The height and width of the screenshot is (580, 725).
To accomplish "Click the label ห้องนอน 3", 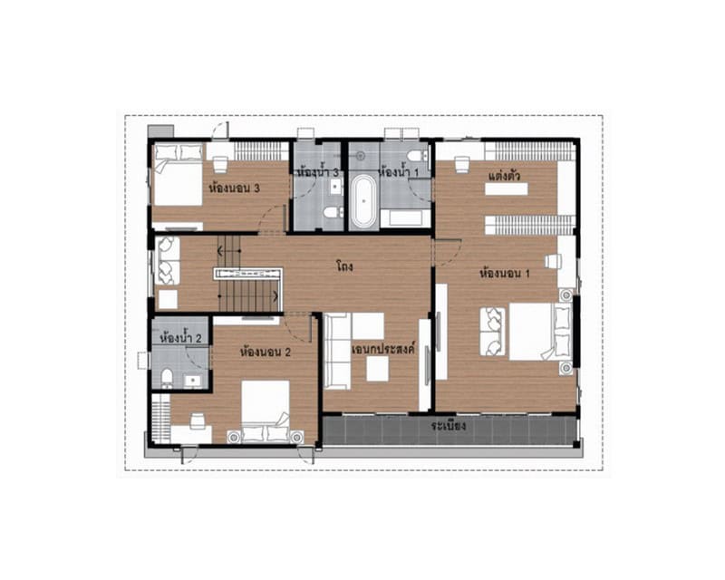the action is click(235, 188).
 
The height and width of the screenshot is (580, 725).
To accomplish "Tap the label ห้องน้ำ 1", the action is click(399, 172).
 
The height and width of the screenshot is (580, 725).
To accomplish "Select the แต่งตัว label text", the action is click(505, 176).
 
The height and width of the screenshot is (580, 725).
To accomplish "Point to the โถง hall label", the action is click(344, 266).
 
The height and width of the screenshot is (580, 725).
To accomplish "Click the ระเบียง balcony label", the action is click(448, 426).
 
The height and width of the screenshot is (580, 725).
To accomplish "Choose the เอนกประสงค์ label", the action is click(384, 348).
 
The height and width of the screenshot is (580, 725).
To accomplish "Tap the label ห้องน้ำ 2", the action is click(180, 338).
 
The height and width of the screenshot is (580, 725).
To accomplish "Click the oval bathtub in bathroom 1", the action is click(364, 201).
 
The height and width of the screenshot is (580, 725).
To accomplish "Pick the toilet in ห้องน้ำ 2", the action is click(167, 378).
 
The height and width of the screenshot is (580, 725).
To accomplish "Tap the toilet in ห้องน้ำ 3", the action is click(332, 212).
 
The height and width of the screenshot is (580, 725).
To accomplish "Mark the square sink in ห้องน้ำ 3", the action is click(335, 187).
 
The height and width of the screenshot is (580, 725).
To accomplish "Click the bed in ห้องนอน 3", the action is click(178, 175).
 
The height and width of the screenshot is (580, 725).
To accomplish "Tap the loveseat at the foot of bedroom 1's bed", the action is click(492, 331).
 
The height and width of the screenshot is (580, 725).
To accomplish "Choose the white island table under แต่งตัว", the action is click(507, 189).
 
